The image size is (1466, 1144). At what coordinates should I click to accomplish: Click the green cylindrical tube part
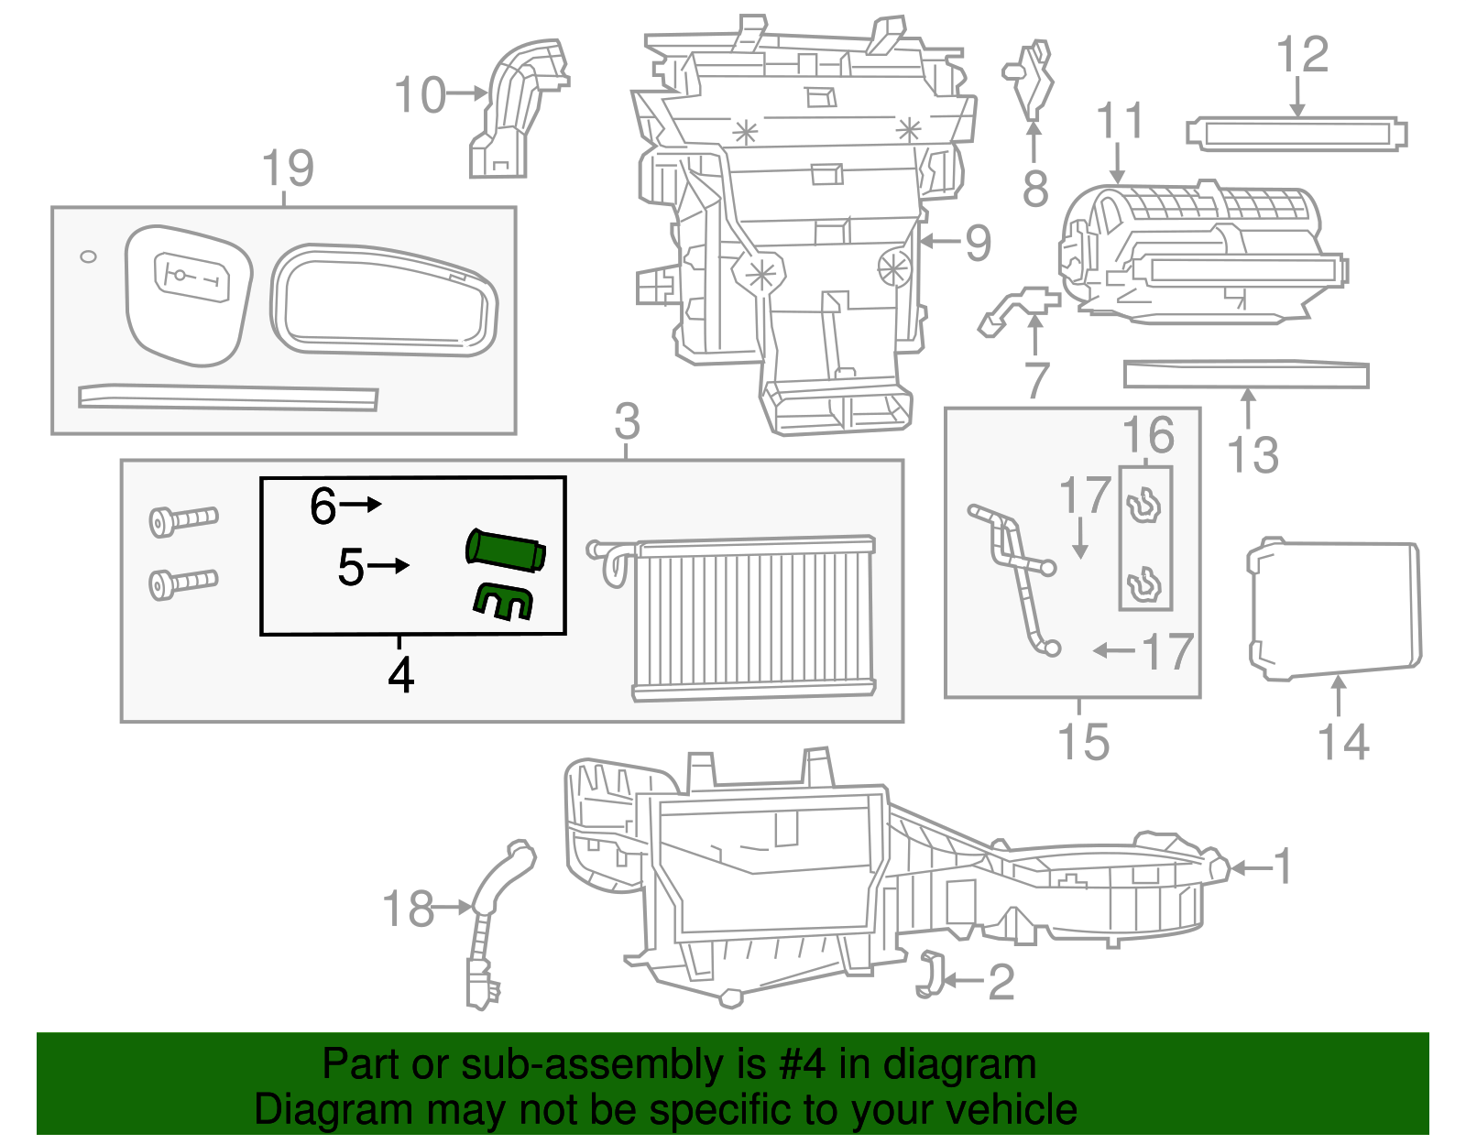(506, 550)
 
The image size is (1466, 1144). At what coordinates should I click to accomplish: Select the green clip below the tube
(503, 601)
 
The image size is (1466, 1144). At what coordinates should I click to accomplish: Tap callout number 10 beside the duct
(420, 95)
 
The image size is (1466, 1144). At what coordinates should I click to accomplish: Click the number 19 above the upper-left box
(288, 169)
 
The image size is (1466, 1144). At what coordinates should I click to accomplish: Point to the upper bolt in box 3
(183, 519)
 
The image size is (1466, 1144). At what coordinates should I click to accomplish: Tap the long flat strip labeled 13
(1246, 375)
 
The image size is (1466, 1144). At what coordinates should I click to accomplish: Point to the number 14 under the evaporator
(1343, 742)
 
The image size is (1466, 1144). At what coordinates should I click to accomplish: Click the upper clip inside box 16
(1143, 506)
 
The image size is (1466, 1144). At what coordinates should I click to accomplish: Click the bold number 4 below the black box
(400, 675)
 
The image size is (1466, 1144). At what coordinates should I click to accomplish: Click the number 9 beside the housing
(978, 243)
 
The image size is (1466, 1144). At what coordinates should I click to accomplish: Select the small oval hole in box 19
(88, 256)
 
